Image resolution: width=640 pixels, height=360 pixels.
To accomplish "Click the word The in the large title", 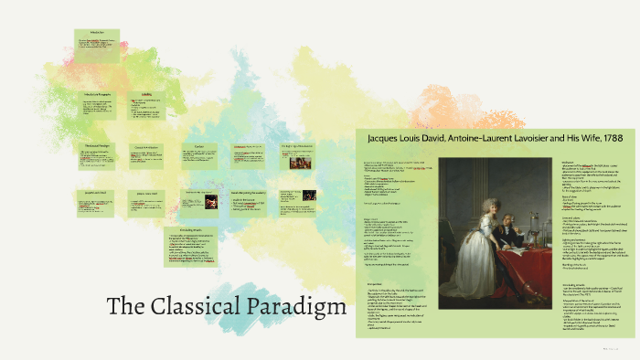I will tap(126, 305).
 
